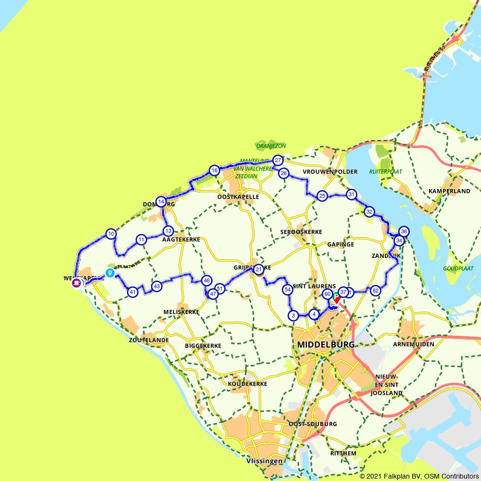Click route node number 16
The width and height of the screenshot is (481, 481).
[215, 170]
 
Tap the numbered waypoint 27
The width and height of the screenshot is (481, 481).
[278, 160]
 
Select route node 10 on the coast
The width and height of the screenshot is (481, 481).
[111, 234]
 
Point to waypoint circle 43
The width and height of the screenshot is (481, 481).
[156, 286]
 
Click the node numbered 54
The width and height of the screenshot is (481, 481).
[287, 290]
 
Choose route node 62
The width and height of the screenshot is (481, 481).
[376, 290]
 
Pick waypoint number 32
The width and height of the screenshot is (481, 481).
[369, 212]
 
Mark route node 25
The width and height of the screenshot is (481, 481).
[322, 196]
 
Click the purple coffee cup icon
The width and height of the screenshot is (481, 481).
[76, 283]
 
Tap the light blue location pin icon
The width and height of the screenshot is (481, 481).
[110, 273]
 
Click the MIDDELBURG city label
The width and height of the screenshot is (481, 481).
[326, 345]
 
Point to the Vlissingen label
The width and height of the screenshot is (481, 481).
[264, 461]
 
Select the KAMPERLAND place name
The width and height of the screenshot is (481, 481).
[449, 191]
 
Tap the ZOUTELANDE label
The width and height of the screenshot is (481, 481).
[149, 340]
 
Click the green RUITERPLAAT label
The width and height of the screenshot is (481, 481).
[386, 171]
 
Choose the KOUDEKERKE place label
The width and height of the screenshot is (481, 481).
[247, 384]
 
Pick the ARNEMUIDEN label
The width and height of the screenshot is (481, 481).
[413, 344]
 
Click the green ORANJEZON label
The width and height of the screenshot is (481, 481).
[271, 146]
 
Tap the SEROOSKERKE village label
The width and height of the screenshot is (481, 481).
[301, 232]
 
